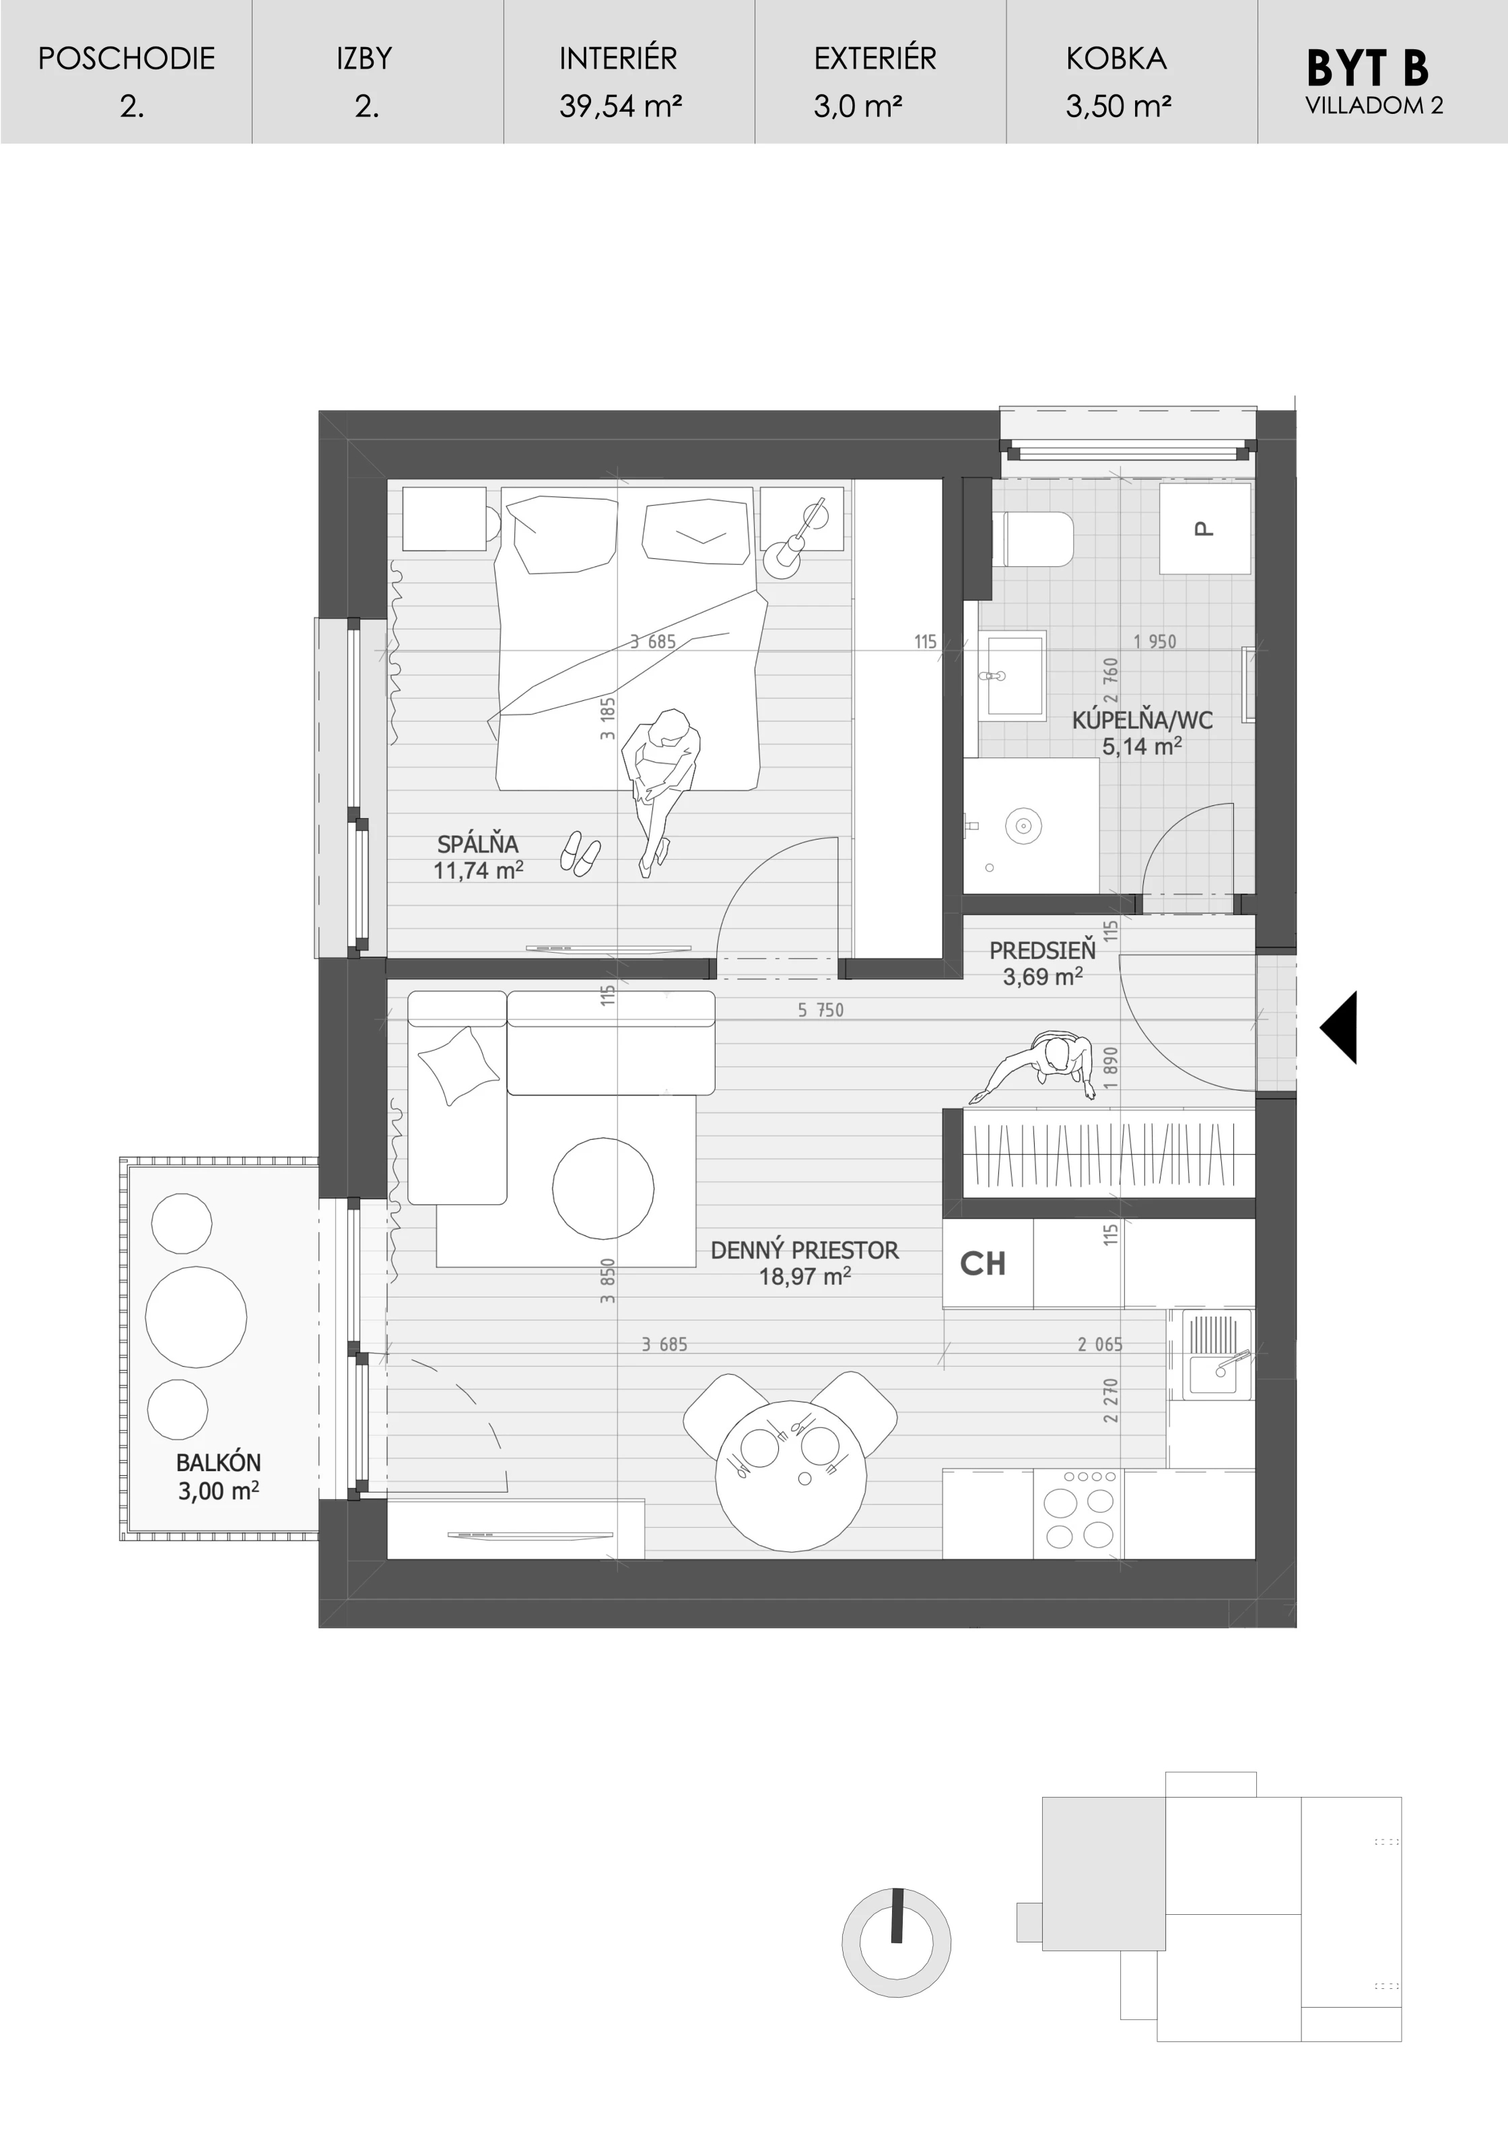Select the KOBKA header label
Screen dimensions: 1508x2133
[1116, 59]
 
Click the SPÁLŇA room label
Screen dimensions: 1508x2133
[477, 844]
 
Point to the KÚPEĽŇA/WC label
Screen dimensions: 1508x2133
[1142, 720]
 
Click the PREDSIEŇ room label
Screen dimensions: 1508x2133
[1043, 951]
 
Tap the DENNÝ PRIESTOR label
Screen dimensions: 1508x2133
[804, 1250]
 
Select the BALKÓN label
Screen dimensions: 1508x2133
[218, 1463]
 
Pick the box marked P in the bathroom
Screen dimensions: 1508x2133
[1205, 529]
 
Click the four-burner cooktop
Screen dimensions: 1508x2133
[1078, 1514]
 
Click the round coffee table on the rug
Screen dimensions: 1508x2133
[603, 1188]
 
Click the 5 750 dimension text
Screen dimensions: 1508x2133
[821, 1010]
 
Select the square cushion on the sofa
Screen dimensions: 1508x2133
[459, 1066]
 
